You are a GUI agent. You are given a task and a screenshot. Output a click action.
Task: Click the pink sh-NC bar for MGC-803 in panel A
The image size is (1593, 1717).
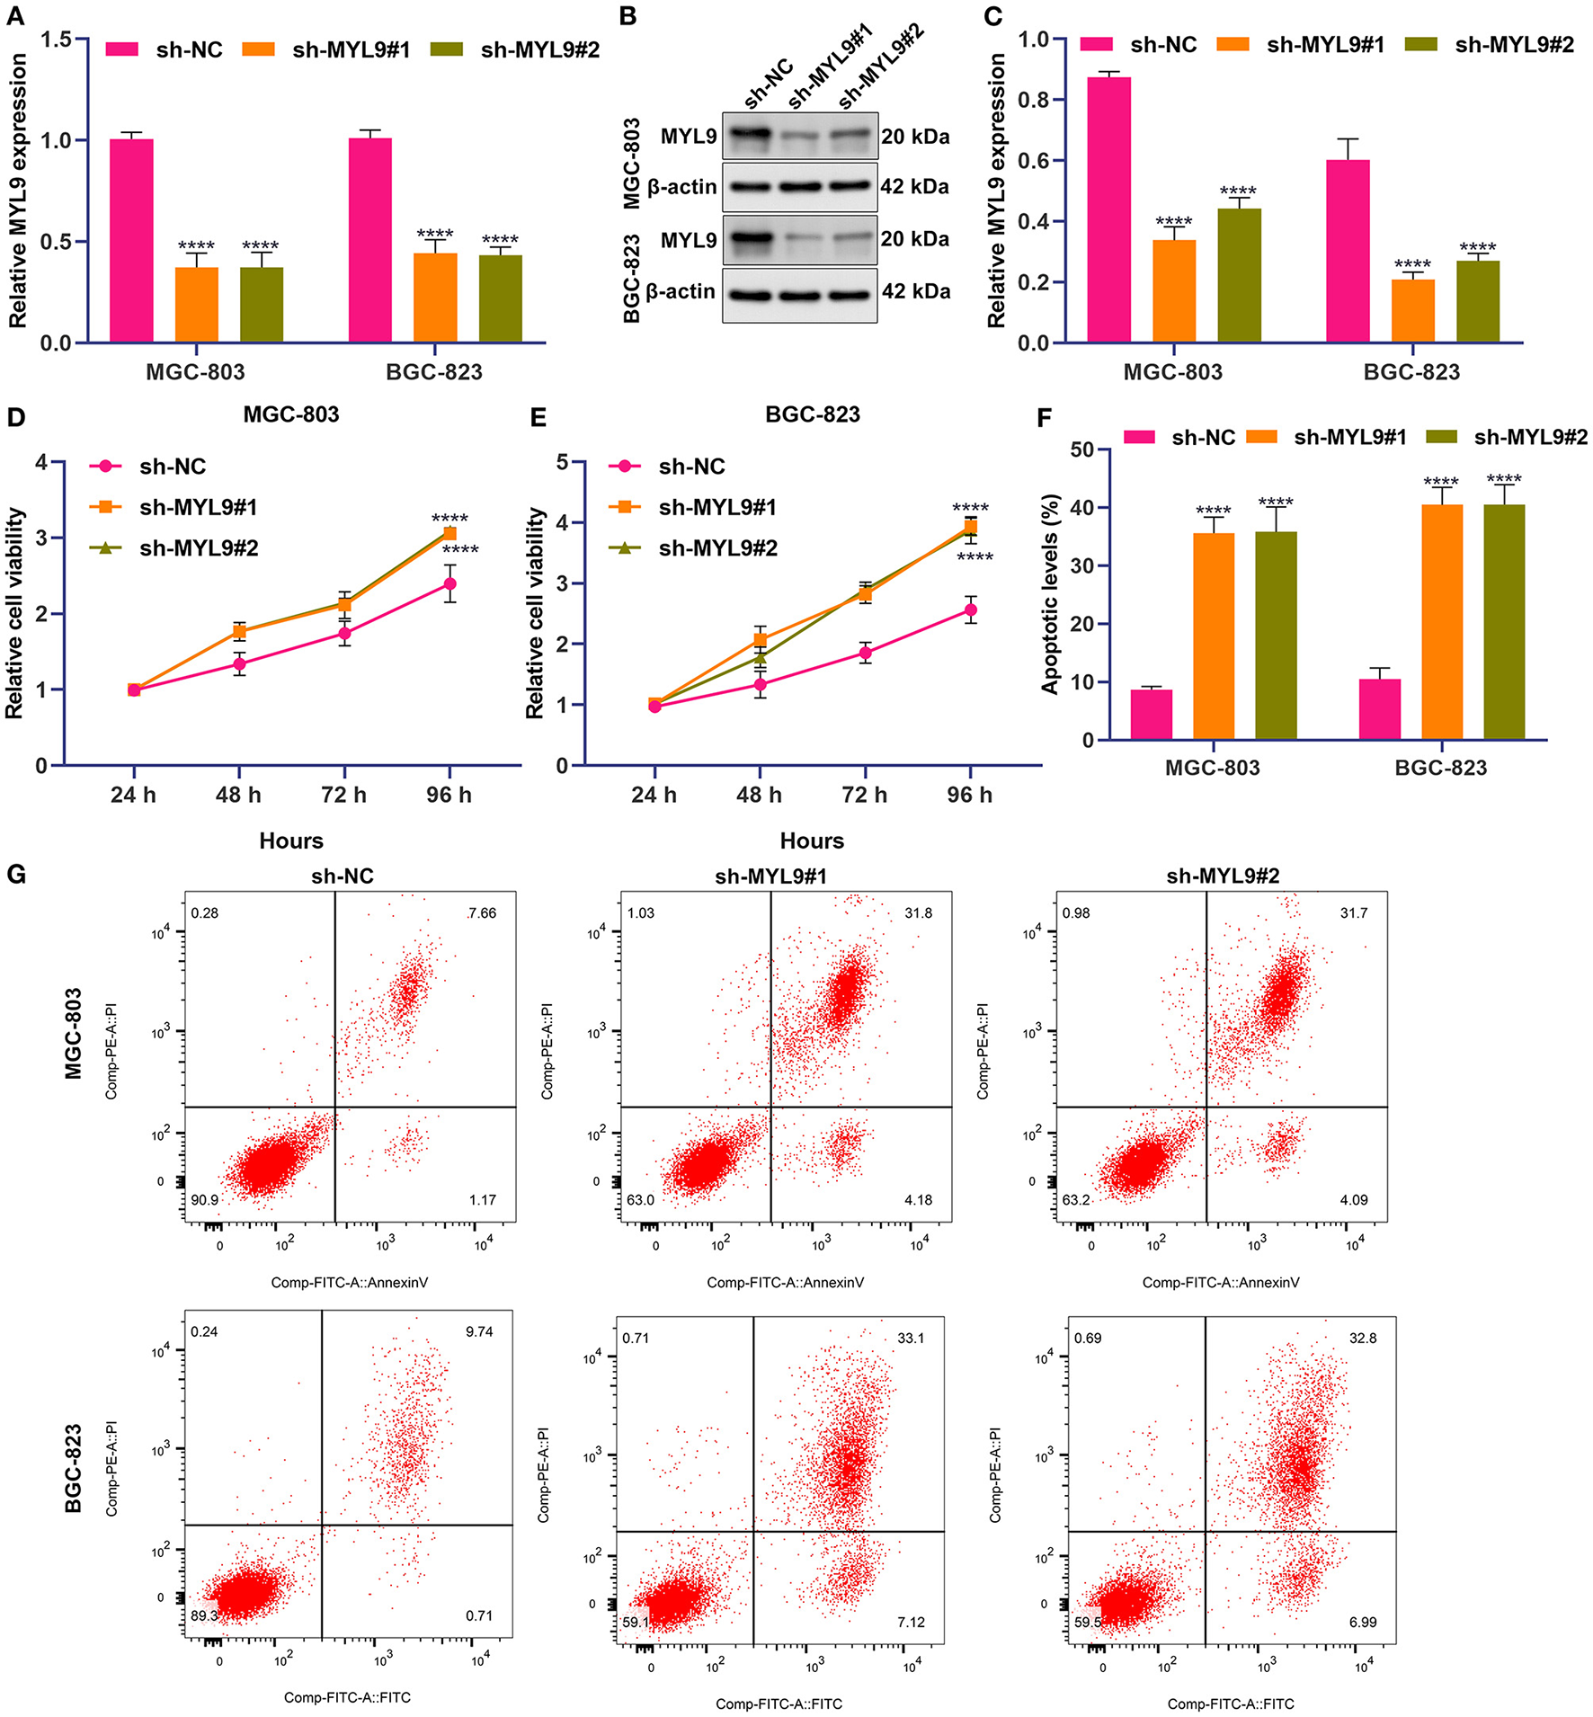pyautogui.click(x=131, y=240)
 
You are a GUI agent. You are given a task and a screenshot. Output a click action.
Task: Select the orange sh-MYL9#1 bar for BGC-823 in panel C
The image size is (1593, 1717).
pyautogui.click(x=1412, y=310)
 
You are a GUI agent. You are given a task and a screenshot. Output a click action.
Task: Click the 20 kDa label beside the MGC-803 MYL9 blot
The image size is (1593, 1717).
pyautogui.click(x=915, y=137)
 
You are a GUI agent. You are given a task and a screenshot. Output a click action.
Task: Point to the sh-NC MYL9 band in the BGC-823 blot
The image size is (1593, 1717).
pyautogui.click(x=749, y=239)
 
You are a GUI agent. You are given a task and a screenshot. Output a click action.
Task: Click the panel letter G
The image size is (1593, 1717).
pyautogui.click(x=15, y=875)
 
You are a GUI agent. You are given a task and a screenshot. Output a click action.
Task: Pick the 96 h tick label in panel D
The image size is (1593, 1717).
pyautogui.click(x=449, y=795)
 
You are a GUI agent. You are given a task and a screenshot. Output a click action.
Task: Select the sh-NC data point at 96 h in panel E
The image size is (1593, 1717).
pyautogui.click(x=970, y=610)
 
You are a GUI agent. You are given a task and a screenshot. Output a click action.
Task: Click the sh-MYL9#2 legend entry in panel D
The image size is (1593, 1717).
pyautogui.click(x=198, y=548)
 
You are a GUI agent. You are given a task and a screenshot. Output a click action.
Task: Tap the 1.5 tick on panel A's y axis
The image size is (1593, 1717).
pyautogui.click(x=56, y=40)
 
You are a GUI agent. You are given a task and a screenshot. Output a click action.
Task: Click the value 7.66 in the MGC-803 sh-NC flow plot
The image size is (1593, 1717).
pyautogui.click(x=482, y=913)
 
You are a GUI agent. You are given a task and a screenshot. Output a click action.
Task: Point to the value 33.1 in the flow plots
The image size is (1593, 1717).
pyautogui.click(x=911, y=1338)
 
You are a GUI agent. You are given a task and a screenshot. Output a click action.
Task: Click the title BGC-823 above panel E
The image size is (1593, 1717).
pyautogui.click(x=813, y=414)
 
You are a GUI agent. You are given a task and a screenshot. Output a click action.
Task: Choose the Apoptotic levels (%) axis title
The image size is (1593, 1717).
pyautogui.click(x=1050, y=594)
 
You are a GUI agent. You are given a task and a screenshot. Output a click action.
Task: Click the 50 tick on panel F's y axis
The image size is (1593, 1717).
pyautogui.click(x=1082, y=449)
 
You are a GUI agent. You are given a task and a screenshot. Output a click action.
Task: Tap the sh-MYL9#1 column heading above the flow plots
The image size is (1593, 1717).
pyautogui.click(x=770, y=876)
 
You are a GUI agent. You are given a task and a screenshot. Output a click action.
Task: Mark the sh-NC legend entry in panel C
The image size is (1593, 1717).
pyautogui.click(x=1162, y=45)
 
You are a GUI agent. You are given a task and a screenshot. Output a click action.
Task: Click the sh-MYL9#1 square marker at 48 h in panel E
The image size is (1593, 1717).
pyautogui.click(x=760, y=640)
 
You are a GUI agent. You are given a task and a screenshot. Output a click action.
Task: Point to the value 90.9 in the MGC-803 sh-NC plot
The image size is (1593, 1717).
pyautogui.click(x=204, y=1200)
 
